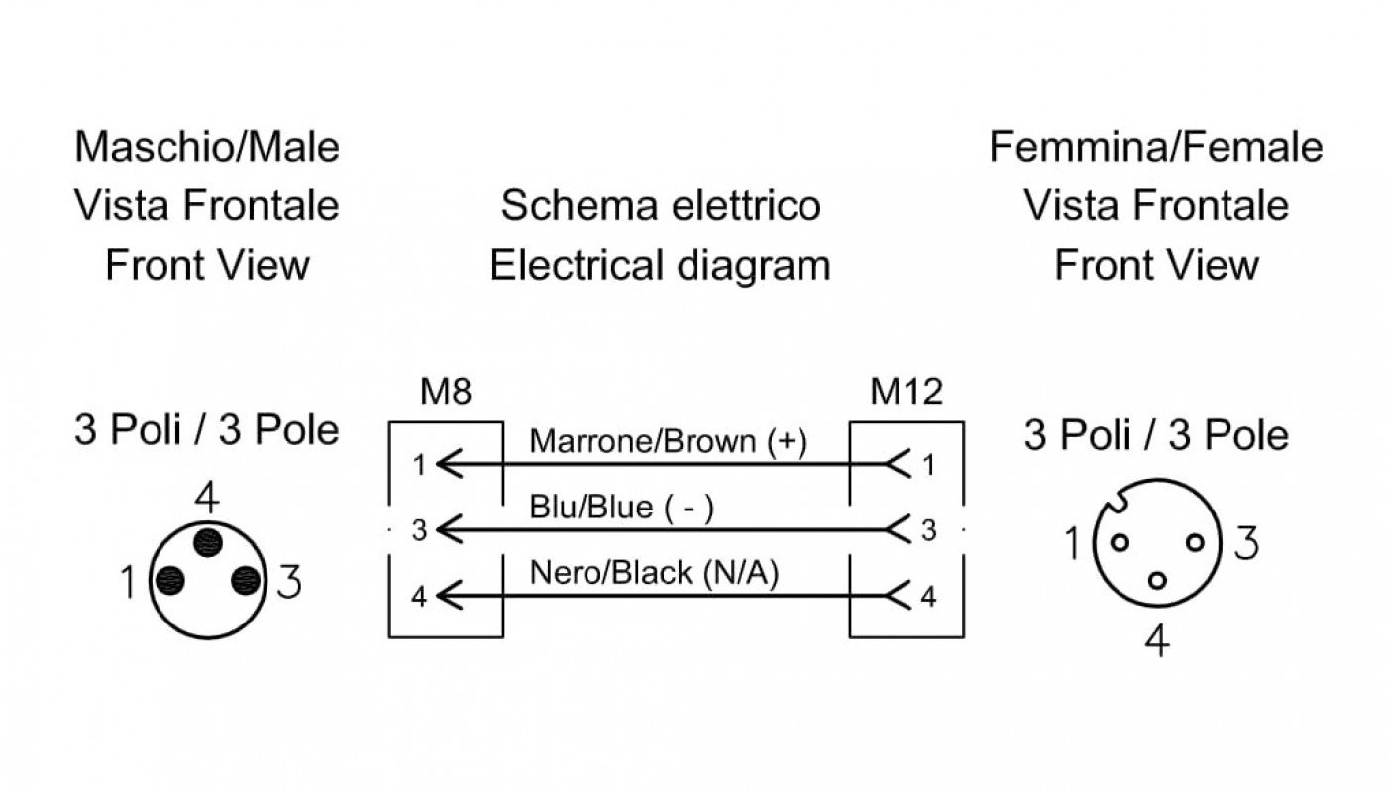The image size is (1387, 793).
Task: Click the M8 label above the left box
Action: coord(446,392)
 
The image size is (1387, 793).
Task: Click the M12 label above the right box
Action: coord(907,392)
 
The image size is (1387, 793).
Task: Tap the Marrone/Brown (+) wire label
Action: coord(668,442)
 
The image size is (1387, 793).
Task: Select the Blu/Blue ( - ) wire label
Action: coord(622,507)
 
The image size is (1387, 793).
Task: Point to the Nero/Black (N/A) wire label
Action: coord(655,573)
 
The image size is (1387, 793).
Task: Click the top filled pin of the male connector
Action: coord(207,543)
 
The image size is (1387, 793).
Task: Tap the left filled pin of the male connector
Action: coord(169,581)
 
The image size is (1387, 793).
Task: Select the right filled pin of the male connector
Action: coord(246,581)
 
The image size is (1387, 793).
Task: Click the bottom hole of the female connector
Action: coord(1157,581)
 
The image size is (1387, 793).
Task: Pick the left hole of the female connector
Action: coord(1120,543)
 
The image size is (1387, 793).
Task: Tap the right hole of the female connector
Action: coord(1195,543)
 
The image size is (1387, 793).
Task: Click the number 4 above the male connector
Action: coord(207,498)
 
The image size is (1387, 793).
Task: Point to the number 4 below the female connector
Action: coord(1157,640)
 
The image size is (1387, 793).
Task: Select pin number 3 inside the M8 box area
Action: coord(420,531)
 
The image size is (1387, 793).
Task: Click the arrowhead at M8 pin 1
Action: coord(450,464)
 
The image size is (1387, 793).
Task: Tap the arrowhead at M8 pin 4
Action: coord(450,596)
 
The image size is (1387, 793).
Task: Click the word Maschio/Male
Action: coord(207,147)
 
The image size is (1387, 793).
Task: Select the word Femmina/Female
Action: coord(1156,147)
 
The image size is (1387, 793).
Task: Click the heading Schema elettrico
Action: coord(661,206)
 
